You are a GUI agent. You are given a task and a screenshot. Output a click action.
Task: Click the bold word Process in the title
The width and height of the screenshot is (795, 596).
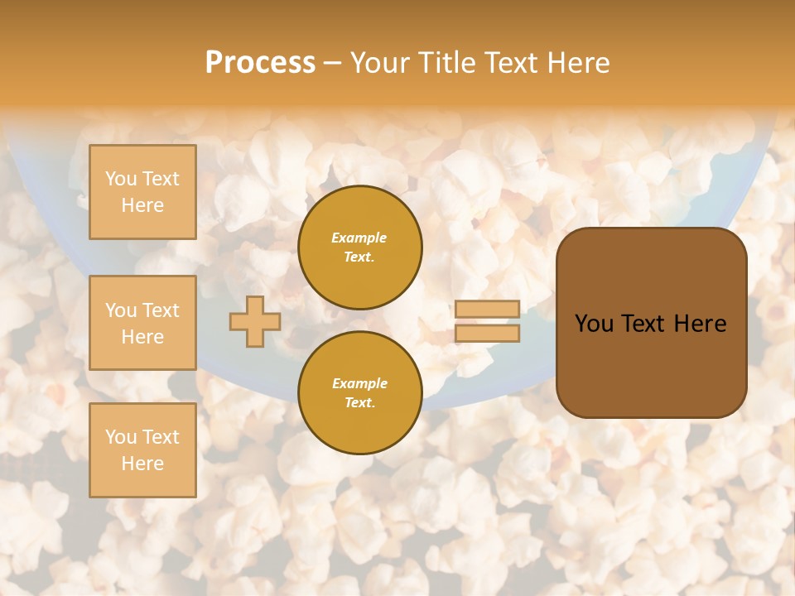(260, 63)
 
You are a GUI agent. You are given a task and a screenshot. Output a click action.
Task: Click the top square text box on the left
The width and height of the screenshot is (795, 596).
(142, 192)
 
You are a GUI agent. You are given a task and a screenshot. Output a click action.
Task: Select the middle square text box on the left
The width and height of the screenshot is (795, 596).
(142, 323)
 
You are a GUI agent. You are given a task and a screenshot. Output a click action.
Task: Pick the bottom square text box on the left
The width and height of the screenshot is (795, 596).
(142, 450)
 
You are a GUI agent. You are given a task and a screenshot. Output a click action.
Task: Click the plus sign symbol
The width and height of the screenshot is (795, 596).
(255, 322)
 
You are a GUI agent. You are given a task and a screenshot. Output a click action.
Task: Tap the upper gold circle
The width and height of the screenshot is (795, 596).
(360, 248)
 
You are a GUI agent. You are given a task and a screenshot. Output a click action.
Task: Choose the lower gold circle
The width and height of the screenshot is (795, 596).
(360, 393)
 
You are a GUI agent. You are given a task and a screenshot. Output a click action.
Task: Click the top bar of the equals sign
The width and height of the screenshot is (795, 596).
(487, 309)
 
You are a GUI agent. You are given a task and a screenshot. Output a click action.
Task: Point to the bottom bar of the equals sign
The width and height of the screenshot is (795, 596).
(487, 334)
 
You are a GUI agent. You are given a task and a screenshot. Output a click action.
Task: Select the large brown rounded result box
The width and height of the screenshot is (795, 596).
(651, 364)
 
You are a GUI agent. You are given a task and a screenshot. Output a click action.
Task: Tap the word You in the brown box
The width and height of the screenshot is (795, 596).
(594, 324)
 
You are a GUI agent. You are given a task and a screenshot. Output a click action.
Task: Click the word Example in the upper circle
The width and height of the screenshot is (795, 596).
(359, 238)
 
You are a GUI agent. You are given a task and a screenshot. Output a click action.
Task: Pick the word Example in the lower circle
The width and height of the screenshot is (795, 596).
(359, 383)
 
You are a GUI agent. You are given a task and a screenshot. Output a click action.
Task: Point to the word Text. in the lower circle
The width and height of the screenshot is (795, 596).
(359, 403)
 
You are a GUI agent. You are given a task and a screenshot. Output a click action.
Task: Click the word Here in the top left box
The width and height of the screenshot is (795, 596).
(142, 205)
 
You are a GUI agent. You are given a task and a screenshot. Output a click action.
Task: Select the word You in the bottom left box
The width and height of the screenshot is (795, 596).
(121, 437)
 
